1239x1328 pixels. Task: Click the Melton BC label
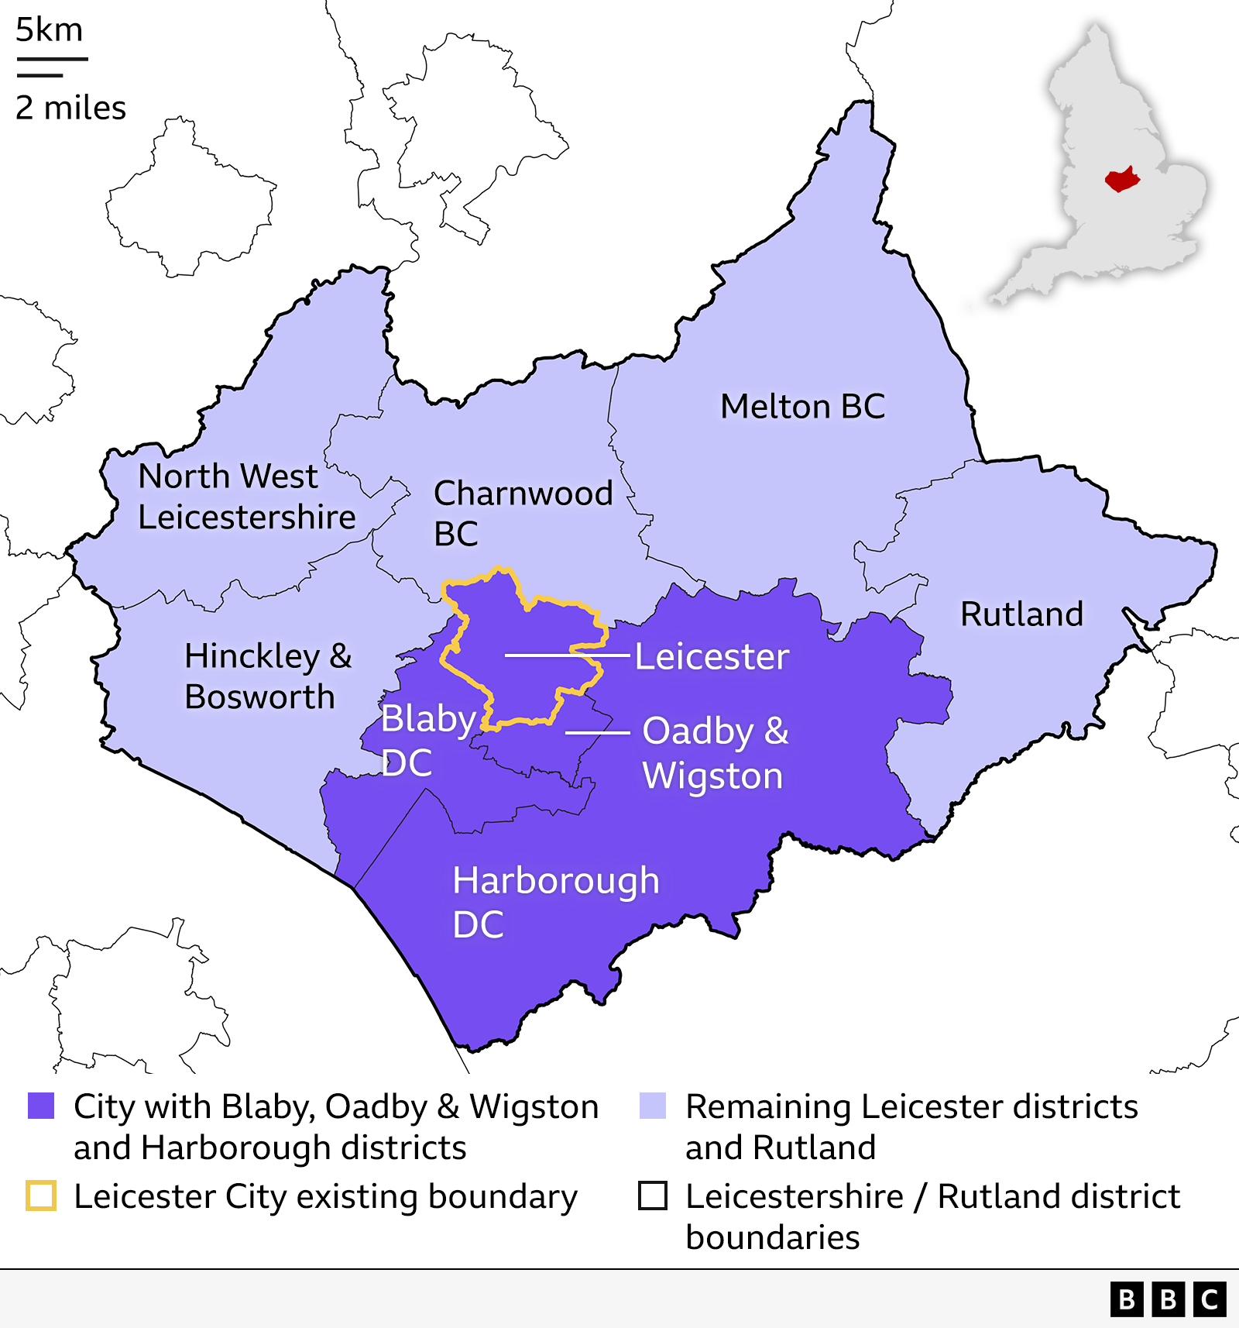pos(802,406)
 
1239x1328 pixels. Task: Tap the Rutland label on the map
pos(1021,614)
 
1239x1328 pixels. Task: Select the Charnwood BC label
pos(523,513)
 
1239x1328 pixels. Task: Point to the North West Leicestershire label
pos(246,497)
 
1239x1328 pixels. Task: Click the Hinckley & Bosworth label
pos(267,676)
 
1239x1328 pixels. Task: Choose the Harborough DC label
pos(555,902)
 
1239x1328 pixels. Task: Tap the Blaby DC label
pos(427,740)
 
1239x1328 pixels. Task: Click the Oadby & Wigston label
pos(715,753)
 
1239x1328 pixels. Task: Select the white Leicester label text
pos(712,657)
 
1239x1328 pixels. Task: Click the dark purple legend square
pos(41,1106)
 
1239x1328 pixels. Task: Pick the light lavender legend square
pos(653,1106)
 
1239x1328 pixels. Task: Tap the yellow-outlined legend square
pos(41,1196)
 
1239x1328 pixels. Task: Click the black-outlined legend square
pos(653,1196)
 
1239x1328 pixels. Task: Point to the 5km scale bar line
pos(52,59)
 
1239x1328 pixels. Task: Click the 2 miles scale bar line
pos(39,75)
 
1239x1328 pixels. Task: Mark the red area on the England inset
pos(1121,181)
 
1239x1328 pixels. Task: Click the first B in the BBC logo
pos(1127,1299)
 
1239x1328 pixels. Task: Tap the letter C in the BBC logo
pos(1210,1299)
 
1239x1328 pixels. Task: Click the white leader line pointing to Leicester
pos(567,655)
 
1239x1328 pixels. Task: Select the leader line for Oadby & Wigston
pos(597,732)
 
